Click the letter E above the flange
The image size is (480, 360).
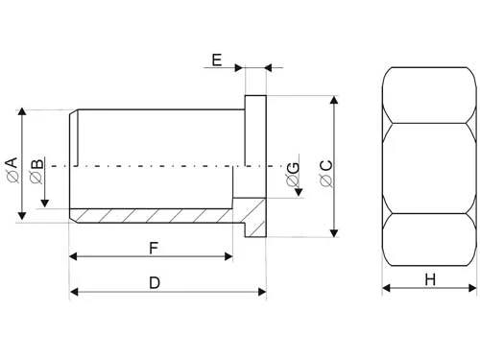coord(217,60)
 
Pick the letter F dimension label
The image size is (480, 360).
coord(153,248)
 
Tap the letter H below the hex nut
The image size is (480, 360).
coord(430,279)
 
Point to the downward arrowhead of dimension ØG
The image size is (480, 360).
coord(299,191)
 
